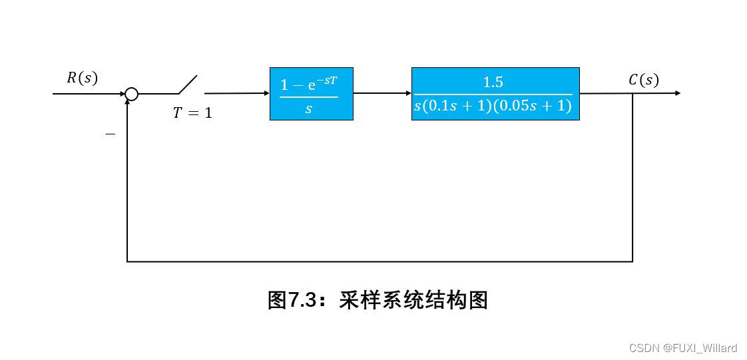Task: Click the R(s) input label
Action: pyautogui.click(x=82, y=78)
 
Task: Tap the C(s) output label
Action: pyautogui.click(x=643, y=80)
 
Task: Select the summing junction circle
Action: pyautogui.click(x=132, y=94)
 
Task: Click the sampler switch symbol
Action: pyautogui.click(x=187, y=85)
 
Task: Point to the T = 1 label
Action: pyautogui.click(x=192, y=113)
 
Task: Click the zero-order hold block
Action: pyautogui.click(x=311, y=94)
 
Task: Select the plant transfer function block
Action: pyautogui.click(x=495, y=94)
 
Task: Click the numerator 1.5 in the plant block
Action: pyautogui.click(x=493, y=83)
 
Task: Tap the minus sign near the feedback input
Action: pyautogui.click(x=111, y=134)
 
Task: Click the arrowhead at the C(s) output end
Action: pyautogui.click(x=677, y=93)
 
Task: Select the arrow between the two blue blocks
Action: pyautogui.click(x=382, y=93)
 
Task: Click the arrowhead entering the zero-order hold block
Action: pyautogui.click(x=266, y=93)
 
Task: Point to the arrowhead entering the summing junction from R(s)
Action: pyautogui.click(x=122, y=94)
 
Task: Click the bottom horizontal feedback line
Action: pyautogui.click(x=379, y=262)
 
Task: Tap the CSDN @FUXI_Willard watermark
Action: pyautogui.click(x=682, y=348)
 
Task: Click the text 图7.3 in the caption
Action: pyautogui.click(x=290, y=300)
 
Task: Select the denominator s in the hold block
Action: pyautogui.click(x=308, y=108)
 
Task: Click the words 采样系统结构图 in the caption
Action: pyautogui.click(x=413, y=300)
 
